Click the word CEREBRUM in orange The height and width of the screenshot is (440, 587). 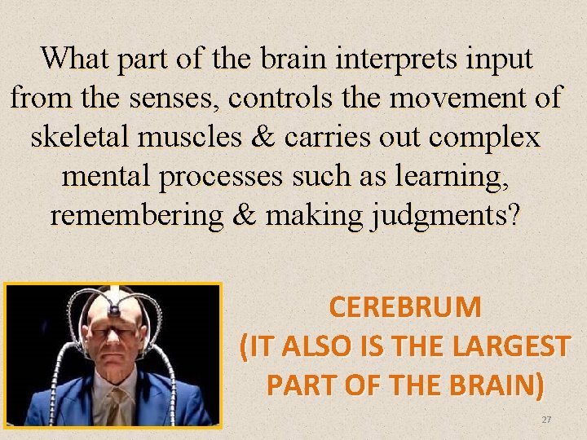point(405,308)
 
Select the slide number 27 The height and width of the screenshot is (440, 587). point(547,419)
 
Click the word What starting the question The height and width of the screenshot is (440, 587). point(77,59)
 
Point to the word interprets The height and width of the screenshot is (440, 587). point(392,59)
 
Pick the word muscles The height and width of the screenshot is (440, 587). point(200,136)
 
